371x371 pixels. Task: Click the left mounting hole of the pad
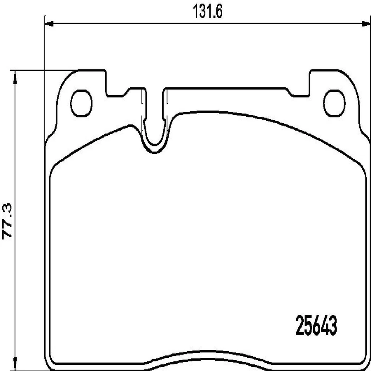click(82, 102)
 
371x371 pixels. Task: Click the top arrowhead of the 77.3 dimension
click(15, 76)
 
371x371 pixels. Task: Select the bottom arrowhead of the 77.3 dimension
click(15, 365)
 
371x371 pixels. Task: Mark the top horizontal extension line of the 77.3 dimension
click(43, 71)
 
